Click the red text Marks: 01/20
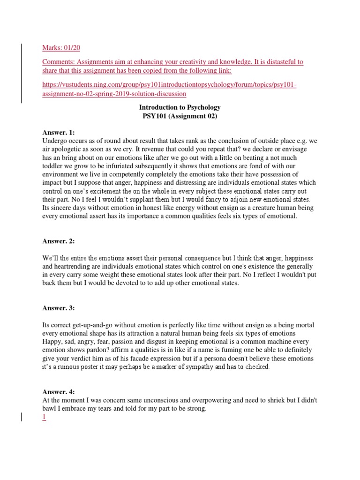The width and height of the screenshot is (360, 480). pyautogui.click(x=64, y=47)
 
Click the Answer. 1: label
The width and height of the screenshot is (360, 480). pyautogui.click(x=59, y=133)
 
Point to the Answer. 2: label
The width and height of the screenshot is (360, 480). pyautogui.click(x=59, y=241)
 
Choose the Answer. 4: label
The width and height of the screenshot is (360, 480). pyautogui.click(x=59, y=391)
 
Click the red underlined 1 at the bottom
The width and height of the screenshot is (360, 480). pyautogui.click(x=44, y=418)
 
